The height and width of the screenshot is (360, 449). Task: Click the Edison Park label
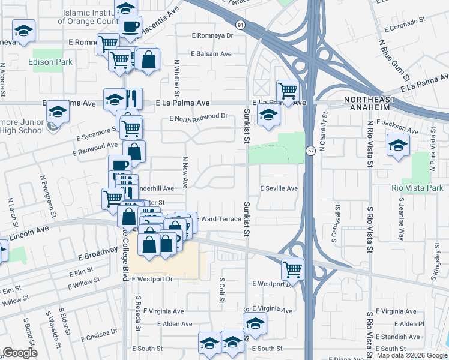coord(45,61)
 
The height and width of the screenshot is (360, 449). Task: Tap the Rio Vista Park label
coord(417,188)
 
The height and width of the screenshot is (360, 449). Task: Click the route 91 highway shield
coord(240,25)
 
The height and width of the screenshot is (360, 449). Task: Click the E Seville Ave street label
coord(279,188)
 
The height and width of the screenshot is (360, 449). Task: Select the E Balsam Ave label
coord(211,53)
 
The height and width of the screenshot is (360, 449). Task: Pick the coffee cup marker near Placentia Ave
coord(130,26)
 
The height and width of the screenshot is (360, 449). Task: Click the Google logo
coord(20,353)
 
